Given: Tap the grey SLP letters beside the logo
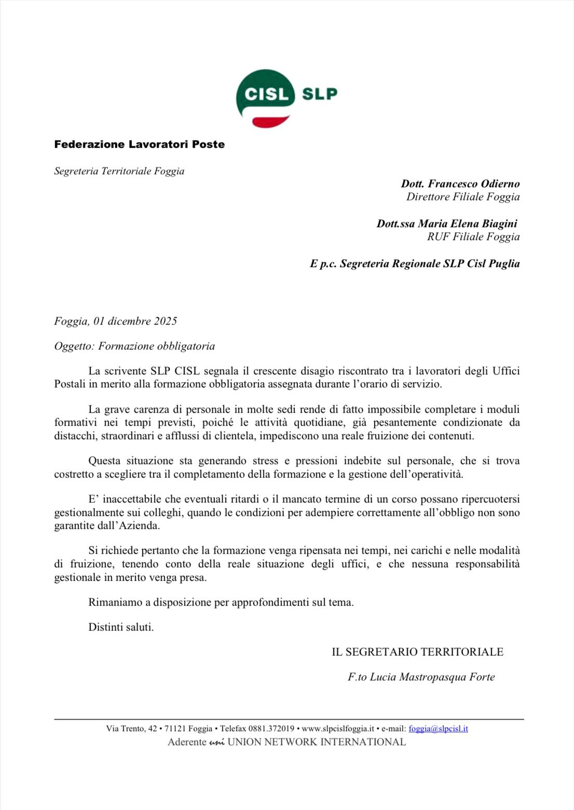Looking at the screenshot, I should tap(319, 94).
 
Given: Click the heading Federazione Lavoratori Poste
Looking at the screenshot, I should tap(139, 144).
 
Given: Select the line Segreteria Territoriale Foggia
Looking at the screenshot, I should tap(119, 171).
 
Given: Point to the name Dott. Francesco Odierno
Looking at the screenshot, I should tap(460, 184).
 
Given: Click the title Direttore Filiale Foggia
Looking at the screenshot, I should tap(462, 197).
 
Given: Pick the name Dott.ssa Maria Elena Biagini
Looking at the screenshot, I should tap(447, 224).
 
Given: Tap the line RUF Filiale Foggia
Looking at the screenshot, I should tap(473, 237).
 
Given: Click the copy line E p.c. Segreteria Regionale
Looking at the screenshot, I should tap(415, 263).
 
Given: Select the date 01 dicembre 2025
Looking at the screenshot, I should tap(135, 321).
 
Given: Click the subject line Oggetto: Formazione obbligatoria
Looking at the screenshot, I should tap(134, 346).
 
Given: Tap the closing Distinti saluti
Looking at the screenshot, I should tap(121, 627).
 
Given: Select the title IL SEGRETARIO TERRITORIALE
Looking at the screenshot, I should tap(417, 652).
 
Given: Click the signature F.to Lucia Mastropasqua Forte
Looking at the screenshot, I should tap(421, 677).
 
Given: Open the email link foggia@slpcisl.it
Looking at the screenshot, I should tap(438, 729).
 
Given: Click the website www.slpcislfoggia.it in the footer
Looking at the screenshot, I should tap(338, 729).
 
